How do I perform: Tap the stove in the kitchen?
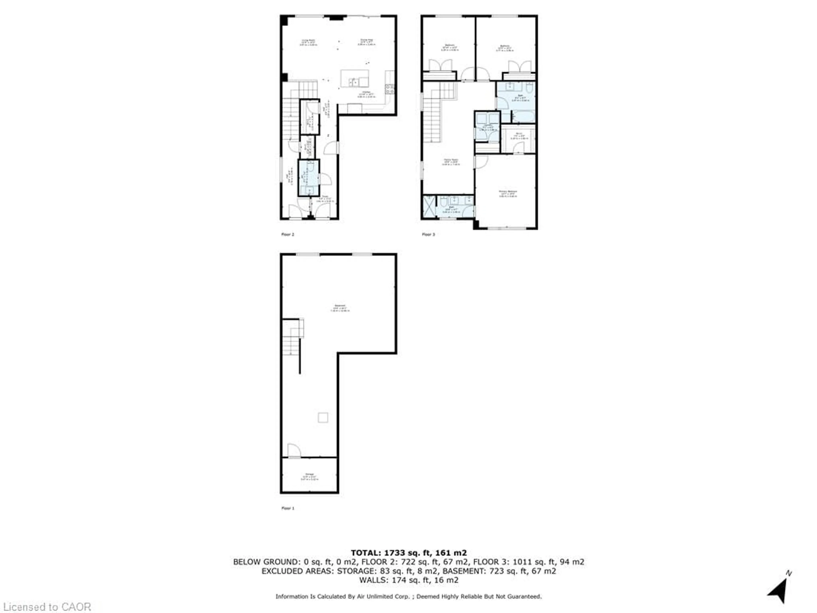(x=390, y=89)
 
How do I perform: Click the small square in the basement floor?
(x=323, y=418)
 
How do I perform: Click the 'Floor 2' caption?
(x=288, y=234)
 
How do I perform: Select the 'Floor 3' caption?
(x=428, y=234)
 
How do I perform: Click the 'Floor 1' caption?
(x=288, y=508)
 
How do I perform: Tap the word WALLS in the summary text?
(x=373, y=580)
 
